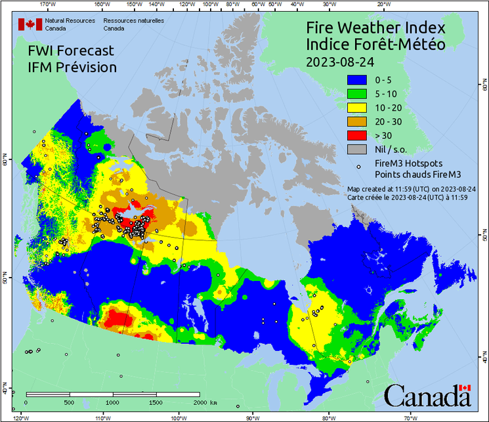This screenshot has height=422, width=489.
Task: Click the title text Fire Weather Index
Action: pos(375,29)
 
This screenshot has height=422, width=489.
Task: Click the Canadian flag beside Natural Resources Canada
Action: pos(30,24)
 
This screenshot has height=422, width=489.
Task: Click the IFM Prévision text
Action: pos(72,67)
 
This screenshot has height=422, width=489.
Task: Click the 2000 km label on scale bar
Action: pos(205,402)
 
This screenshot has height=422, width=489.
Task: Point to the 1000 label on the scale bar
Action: pos(112,402)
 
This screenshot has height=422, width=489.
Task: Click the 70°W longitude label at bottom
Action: pos(411,417)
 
